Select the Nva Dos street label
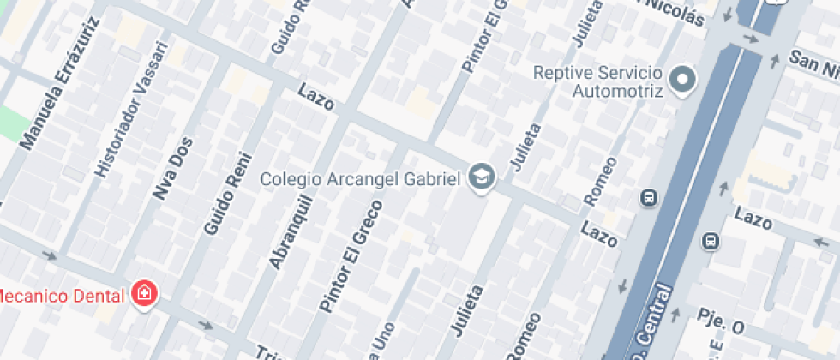(172, 168)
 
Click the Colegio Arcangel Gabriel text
(361, 178)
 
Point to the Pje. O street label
(723, 325)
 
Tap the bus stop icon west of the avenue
(649, 198)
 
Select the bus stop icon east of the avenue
(710, 241)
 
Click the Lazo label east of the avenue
(753, 219)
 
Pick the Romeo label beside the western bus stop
(600, 181)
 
